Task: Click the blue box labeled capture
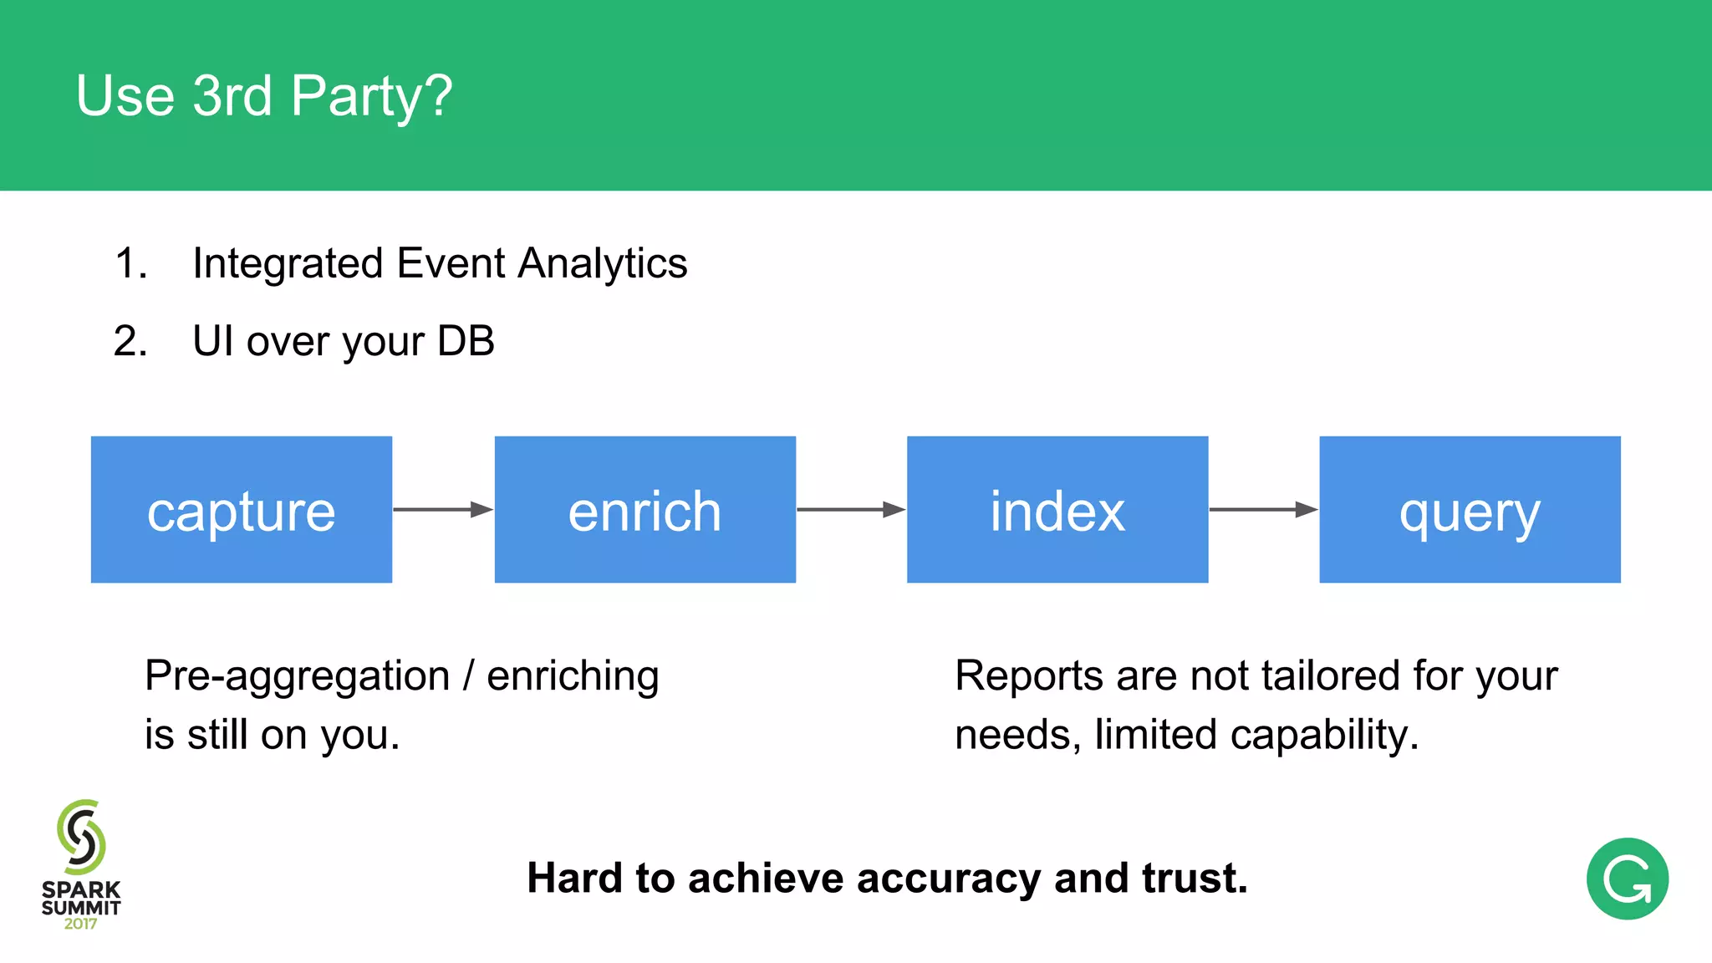[241, 509]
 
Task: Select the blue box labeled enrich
[645, 509]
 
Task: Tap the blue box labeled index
[1057, 509]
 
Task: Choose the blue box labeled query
[1470, 509]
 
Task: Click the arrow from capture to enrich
[442, 509]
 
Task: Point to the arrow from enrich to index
[850, 509]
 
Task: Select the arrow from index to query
[1263, 509]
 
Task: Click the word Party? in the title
[372, 97]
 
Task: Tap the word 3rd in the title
[232, 95]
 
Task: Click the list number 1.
[130, 264]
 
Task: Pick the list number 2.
[130, 342]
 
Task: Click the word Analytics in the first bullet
[603, 264]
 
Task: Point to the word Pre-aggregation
[298, 677]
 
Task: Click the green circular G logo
[1627, 879]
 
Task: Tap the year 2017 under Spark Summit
[81, 925]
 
